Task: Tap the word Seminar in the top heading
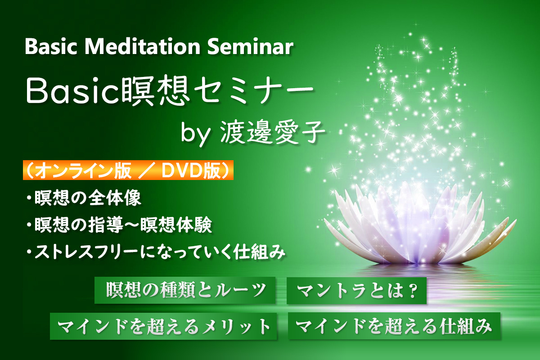click(250, 47)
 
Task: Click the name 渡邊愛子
click(273, 133)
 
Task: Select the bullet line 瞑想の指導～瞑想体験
click(119, 225)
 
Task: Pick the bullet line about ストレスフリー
click(156, 252)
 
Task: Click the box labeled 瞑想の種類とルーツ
click(185, 290)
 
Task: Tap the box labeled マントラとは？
click(356, 291)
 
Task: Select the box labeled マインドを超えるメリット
click(163, 326)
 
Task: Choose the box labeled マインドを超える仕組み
click(394, 326)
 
